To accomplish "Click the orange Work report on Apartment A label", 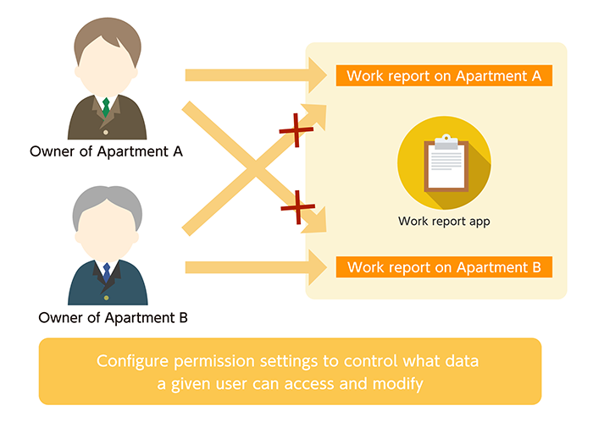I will point(445,75).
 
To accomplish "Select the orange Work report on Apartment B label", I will point(445,268).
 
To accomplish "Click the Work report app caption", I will point(444,222).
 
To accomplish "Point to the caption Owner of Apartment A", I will point(106,152).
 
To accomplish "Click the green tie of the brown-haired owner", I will point(106,107).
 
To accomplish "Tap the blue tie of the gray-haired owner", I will point(107,272).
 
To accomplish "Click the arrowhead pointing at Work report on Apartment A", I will point(319,75).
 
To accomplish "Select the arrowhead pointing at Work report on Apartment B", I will point(319,267).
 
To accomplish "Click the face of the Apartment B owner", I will point(107,233).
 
